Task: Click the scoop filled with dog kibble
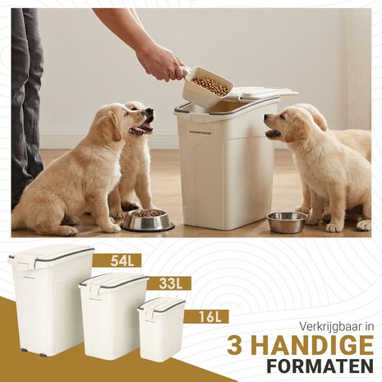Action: (207, 89)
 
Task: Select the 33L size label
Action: (171, 284)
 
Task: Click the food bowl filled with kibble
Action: (147, 219)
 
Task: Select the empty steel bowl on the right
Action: (287, 222)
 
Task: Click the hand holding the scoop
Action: (160, 62)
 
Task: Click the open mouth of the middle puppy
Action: (144, 127)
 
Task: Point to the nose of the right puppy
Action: (265, 117)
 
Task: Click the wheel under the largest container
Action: (24, 353)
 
